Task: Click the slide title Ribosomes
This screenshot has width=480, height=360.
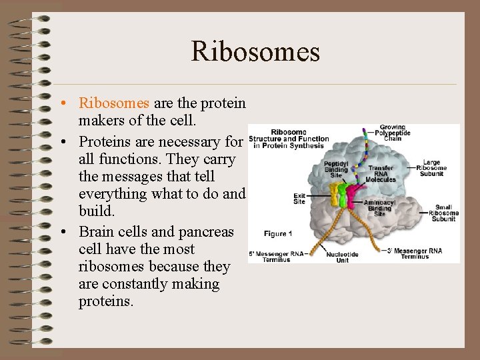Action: click(x=255, y=51)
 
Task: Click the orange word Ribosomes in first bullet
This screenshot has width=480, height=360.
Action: click(x=114, y=103)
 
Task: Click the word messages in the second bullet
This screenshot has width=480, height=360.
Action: click(x=134, y=177)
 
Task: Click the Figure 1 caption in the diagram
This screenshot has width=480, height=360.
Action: click(x=278, y=233)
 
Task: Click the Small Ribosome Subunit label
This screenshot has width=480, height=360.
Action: click(x=442, y=212)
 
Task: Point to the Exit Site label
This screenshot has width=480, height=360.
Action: click(x=299, y=198)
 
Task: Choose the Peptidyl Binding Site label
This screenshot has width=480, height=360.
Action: click(x=335, y=169)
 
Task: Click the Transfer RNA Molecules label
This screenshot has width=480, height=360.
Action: click(x=381, y=173)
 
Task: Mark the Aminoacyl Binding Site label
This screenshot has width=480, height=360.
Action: click(x=379, y=207)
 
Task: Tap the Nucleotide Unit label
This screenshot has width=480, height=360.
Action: click(x=342, y=257)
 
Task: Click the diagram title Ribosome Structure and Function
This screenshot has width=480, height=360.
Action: click(x=289, y=139)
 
